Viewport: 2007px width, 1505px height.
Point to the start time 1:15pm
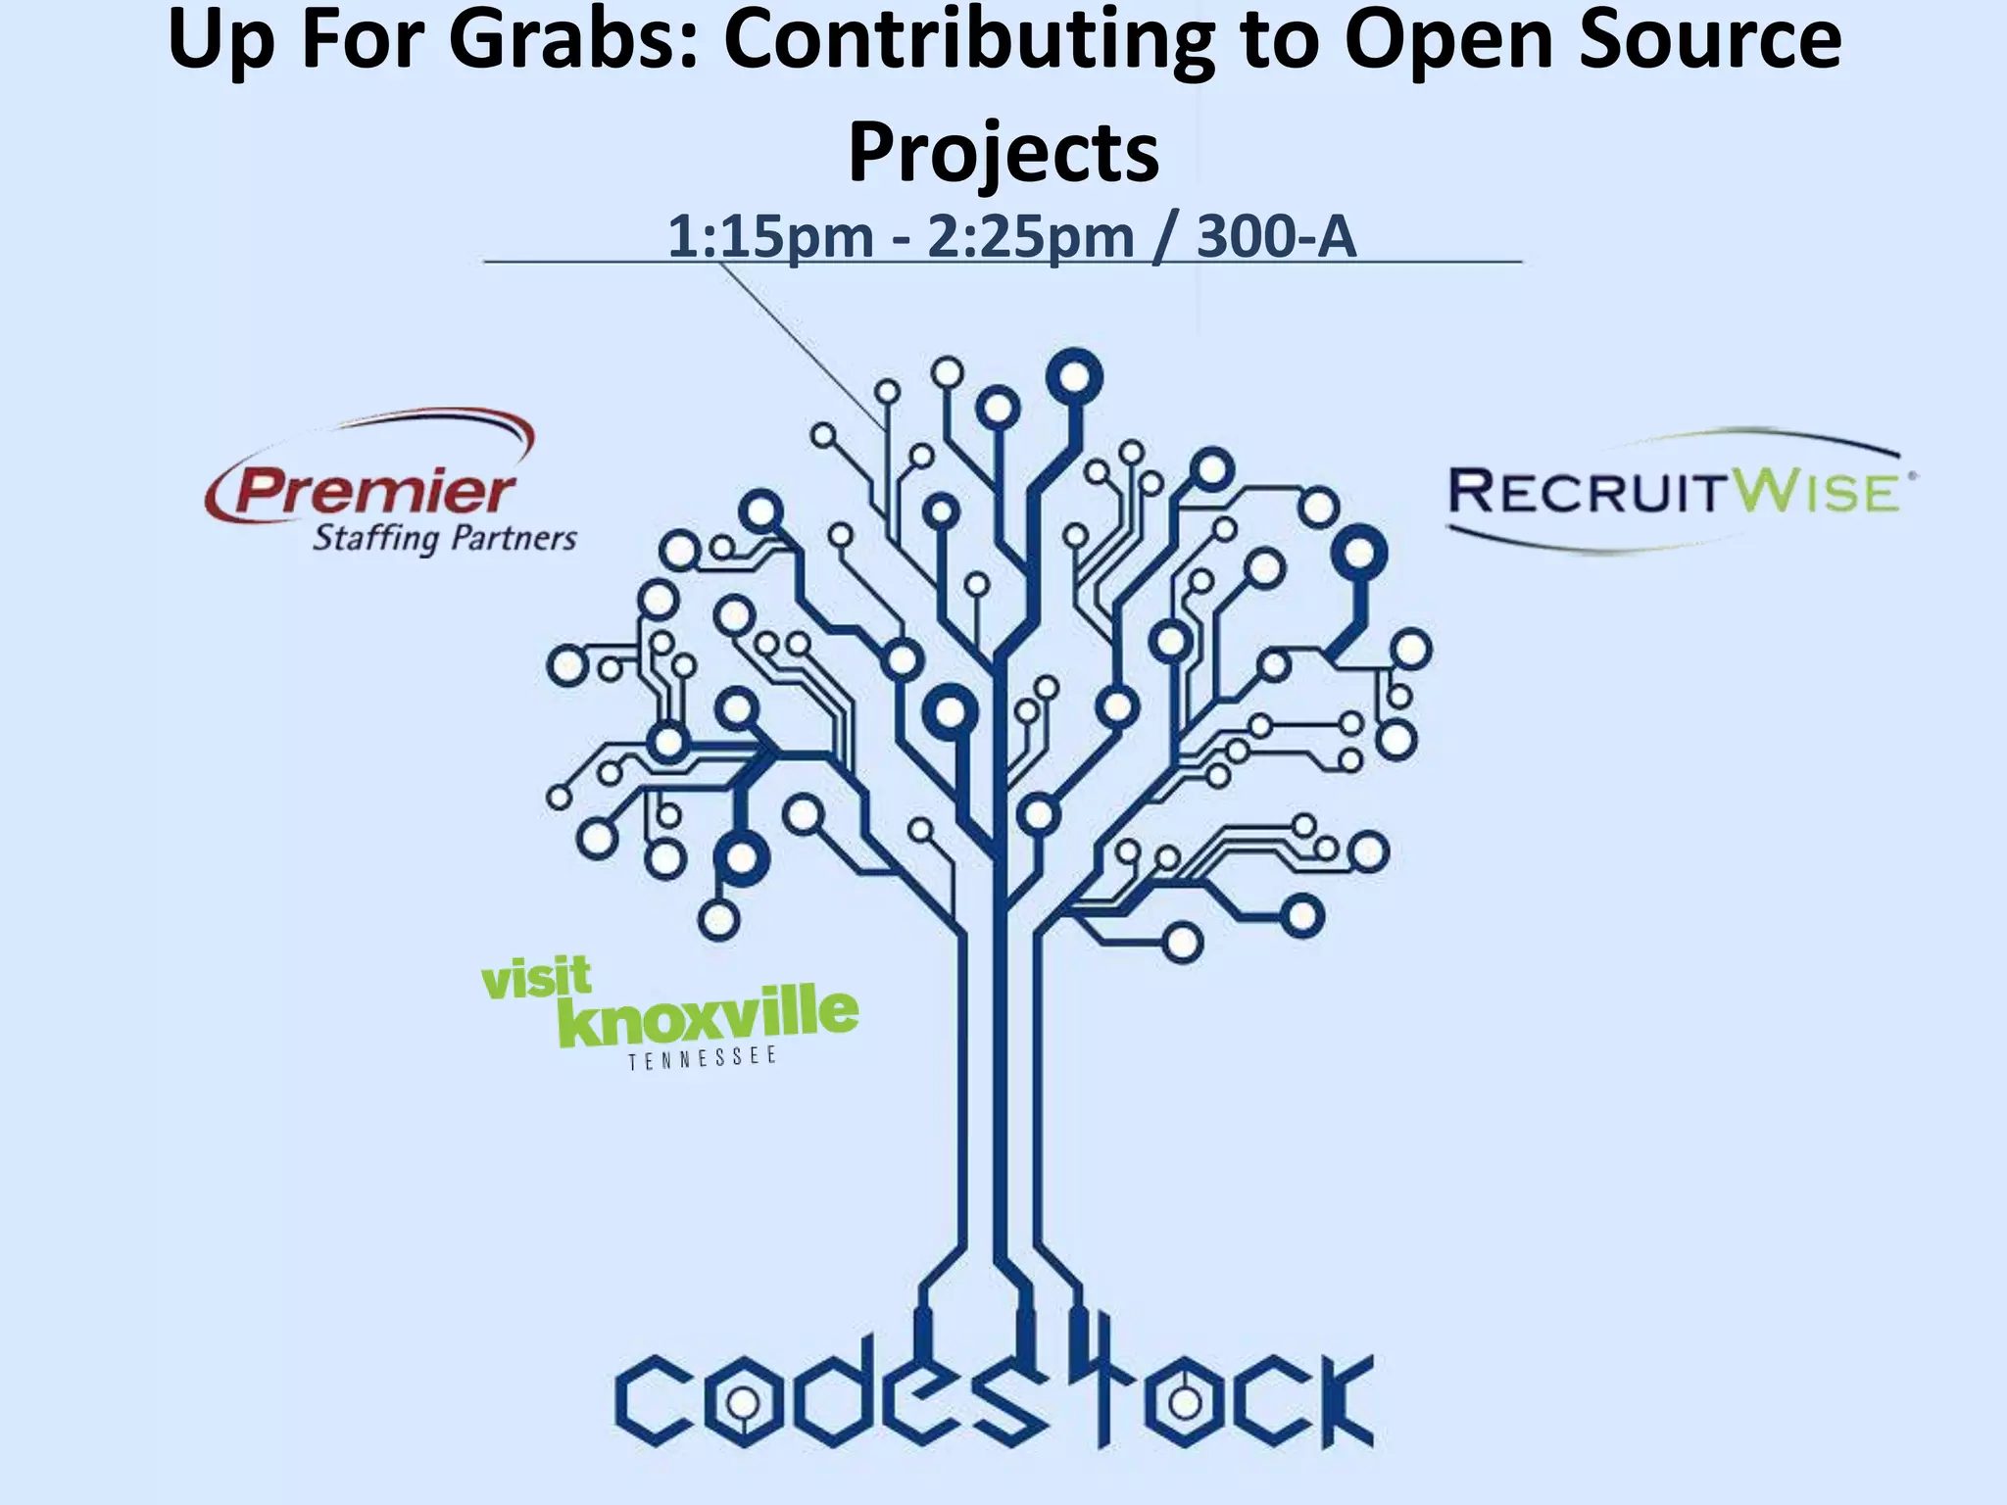[x=770, y=237]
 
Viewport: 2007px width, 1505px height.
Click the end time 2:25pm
[x=1030, y=237]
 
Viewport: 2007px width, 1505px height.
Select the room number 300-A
[x=1276, y=237]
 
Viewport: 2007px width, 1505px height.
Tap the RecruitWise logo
[x=1680, y=490]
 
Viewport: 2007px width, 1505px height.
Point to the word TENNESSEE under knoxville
[x=703, y=1059]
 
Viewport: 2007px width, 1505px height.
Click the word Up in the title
[x=217, y=41]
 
